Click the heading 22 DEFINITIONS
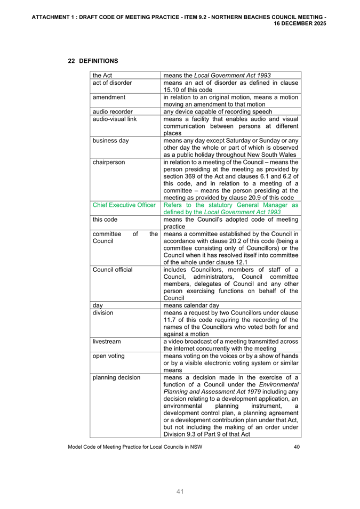93,61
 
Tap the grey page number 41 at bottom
180,491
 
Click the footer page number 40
297,447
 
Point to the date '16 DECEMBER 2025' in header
300,24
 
